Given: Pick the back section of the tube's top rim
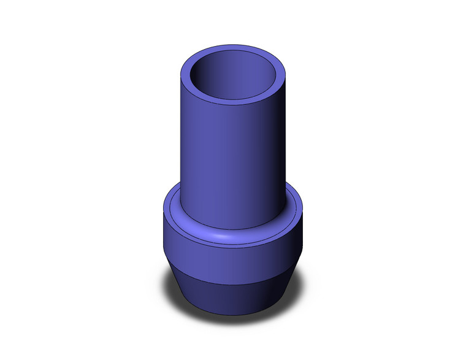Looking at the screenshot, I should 236,48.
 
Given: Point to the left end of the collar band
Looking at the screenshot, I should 167,239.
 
